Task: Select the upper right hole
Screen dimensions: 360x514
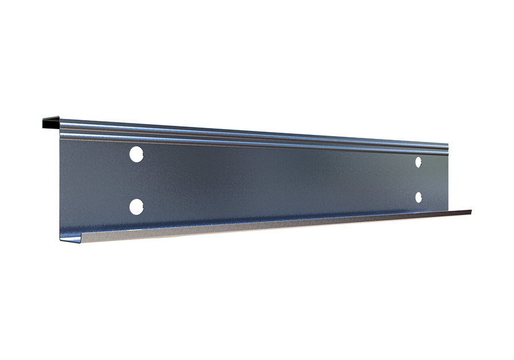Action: coord(419,162)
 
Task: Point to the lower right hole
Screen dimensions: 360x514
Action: coord(419,197)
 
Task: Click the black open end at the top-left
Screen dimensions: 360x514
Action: coord(51,122)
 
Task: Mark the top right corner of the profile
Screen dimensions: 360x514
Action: coord(447,143)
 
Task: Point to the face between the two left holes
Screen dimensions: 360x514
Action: coord(136,180)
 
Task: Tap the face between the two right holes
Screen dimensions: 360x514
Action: coord(419,179)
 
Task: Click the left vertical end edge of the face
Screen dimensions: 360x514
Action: coord(61,183)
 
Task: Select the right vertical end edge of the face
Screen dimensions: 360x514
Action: coord(447,177)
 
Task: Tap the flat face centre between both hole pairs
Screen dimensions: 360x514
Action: coord(278,179)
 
